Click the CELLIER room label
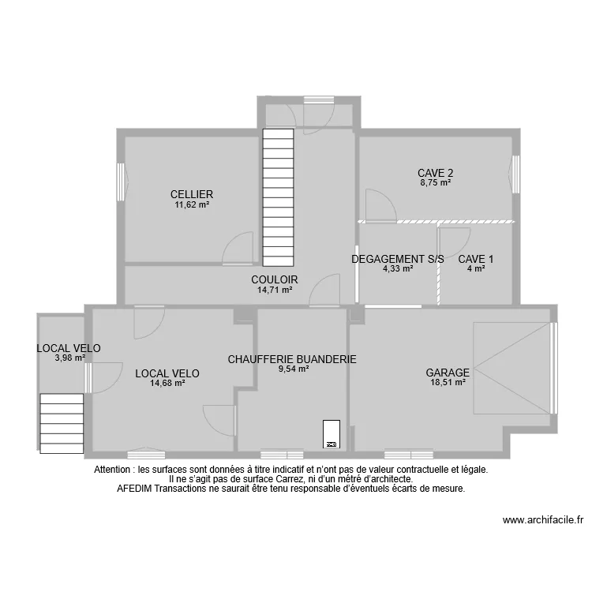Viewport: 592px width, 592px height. click(192, 194)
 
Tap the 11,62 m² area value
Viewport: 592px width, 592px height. click(192, 204)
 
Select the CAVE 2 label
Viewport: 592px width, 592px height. click(435, 173)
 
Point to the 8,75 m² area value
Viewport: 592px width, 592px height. click(435, 182)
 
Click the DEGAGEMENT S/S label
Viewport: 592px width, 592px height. click(398, 258)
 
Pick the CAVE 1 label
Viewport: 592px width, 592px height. click(476, 258)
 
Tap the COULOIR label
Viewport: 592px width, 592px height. click(275, 279)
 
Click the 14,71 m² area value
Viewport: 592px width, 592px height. click(275, 290)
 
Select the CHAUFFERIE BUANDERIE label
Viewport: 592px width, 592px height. click(292, 359)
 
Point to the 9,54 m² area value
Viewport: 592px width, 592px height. click(292, 369)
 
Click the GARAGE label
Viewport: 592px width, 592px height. click(448, 373)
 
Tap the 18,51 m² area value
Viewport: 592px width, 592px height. click(448, 383)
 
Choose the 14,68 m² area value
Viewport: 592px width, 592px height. click(167, 383)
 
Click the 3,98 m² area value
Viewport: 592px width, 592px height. click(69, 358)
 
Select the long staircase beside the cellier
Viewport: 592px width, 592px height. click(278, 198)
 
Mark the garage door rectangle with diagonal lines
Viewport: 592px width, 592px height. click(511, 368)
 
